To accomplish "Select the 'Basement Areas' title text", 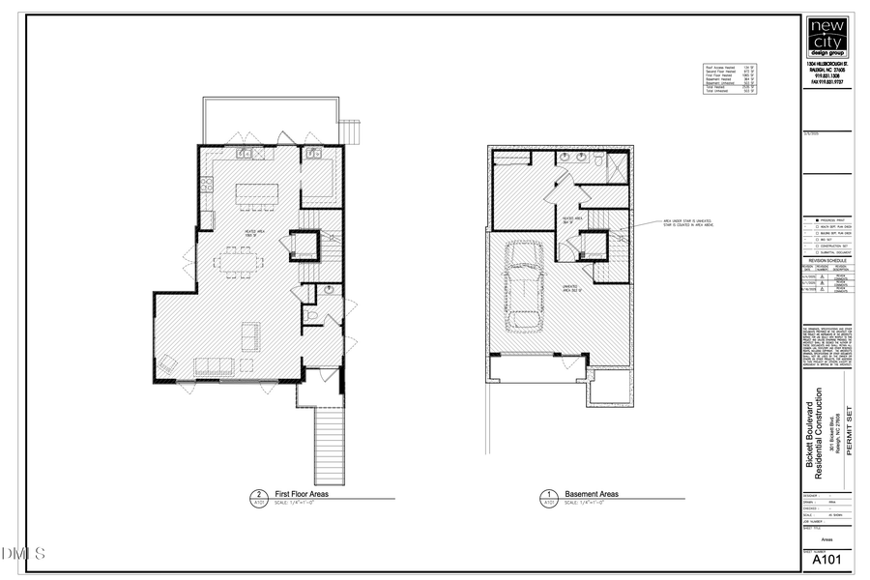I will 592,494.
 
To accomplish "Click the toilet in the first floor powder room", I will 311,315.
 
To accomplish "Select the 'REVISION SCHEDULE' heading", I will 827,260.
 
